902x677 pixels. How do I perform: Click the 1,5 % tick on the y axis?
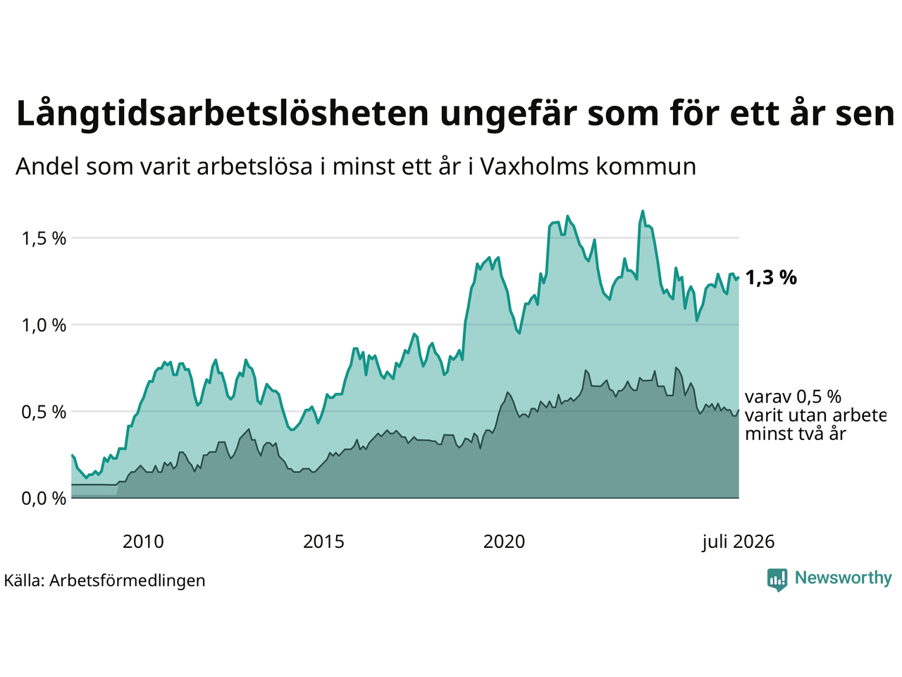(44, 239)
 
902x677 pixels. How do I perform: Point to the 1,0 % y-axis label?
(44, 326)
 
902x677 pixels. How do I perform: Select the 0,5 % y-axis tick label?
(44, 413)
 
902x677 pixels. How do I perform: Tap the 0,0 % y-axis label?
(44, 499)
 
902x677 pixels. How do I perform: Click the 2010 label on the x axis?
(143, 542)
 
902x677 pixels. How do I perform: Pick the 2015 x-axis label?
(323, 542)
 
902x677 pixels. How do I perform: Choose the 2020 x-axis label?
(504, 542)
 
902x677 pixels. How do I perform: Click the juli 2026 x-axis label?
(738, 542)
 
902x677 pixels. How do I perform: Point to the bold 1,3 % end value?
(771, 279)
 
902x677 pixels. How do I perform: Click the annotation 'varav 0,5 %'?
(793, 397)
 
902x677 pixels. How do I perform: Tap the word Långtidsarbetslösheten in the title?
(222, 114)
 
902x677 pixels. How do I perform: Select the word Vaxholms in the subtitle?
(535, 166)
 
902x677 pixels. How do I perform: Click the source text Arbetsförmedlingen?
(127, 581)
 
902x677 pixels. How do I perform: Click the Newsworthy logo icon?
(777, 580)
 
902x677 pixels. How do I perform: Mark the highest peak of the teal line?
(643, 212)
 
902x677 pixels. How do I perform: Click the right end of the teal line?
(739, 278)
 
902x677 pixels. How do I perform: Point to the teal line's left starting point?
(73, 455)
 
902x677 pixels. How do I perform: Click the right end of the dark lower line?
(739, 410)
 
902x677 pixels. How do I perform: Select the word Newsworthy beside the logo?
(844, 578)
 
